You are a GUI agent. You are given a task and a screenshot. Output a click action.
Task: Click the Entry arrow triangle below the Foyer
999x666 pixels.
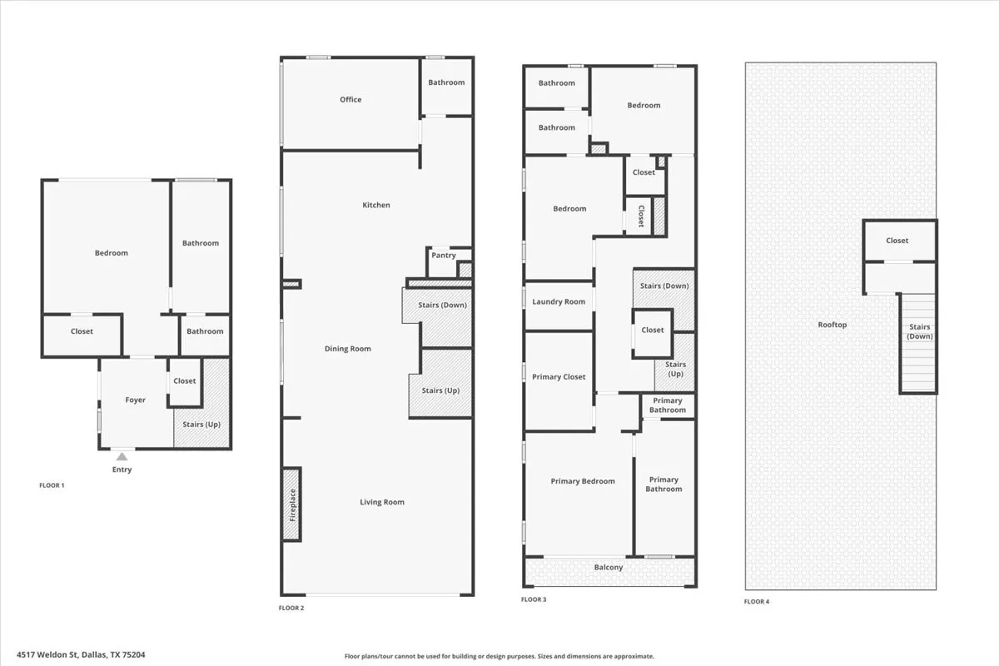click(x=122, y=455)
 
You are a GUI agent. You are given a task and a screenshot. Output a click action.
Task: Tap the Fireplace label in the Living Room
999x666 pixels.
click(x=292, y=504)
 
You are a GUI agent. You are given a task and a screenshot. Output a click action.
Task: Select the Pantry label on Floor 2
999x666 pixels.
click(x=444, y=256)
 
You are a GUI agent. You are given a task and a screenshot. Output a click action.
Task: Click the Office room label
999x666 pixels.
click(x=350, y=100)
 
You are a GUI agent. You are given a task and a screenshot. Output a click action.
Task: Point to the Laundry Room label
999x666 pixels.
click(x=559, y=302)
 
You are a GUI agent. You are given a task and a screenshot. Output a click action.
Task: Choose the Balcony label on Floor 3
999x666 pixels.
click(x=609, y=568)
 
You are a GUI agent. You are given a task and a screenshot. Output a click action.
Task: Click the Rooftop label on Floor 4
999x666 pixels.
click(x=832, y=325)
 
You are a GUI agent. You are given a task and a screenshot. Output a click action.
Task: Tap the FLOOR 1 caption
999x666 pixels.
click(x=52, y=485)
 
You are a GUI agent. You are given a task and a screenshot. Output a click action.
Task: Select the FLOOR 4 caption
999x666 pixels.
click(x=757, y=601)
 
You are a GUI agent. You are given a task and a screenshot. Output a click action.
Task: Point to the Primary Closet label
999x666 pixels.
click(x=559, y=377)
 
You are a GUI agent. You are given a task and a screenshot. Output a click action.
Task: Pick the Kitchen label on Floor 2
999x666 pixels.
click(x=376, y=206)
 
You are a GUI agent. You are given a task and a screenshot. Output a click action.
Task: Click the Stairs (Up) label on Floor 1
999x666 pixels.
click(x=201, y=425)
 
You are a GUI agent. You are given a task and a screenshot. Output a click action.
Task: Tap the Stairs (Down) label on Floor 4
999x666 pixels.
click(x=920, y=331)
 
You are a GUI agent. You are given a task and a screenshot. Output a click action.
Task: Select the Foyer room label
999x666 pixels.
click(x=135, y=400)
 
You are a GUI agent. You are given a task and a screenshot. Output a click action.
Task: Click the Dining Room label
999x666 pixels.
click(x=348, y=349)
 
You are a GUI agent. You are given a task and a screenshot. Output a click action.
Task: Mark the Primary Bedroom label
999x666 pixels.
click(x=583, y=481)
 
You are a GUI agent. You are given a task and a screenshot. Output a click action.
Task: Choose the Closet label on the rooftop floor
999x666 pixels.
click(x=897, y=241)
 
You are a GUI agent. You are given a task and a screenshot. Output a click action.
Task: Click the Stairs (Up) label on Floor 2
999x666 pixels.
click(x=440, y=390)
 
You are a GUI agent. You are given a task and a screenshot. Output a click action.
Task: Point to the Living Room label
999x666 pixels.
click(x=382, y=502)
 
